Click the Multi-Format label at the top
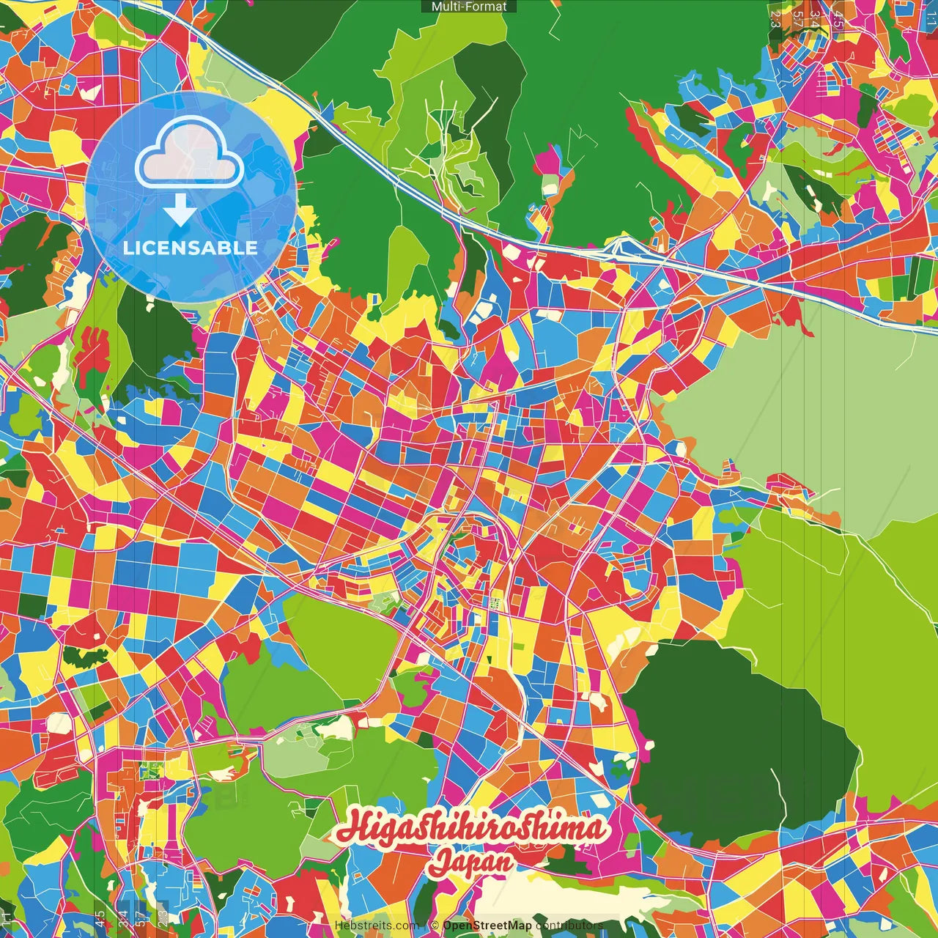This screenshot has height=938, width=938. (469, 7)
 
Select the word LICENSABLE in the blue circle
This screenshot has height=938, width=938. (191, 248)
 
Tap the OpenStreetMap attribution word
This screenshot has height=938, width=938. (487, 926)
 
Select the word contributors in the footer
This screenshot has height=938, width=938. (569, 926)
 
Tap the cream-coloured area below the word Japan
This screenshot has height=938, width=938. (564, 898)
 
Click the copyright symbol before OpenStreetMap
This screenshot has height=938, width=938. (435, 926)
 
